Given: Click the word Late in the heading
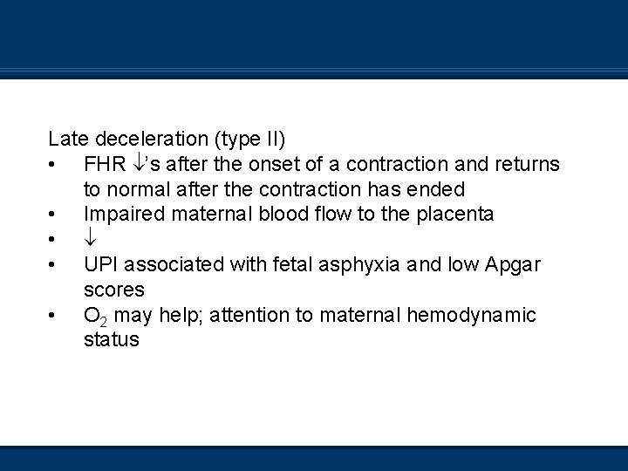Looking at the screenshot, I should [x=68, y=139].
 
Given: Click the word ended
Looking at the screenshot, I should [x=441, y=189].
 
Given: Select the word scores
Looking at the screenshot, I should [x=113, y=289].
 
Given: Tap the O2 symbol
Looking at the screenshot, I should [x=95, y=315].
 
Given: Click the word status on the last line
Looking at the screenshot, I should [x=111, y=339].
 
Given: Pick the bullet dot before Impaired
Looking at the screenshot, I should [x=54, y=215].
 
